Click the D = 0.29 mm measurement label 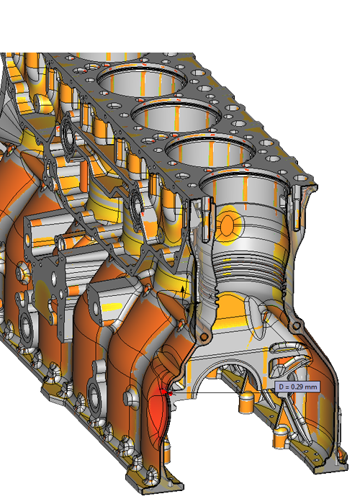pos(297,387)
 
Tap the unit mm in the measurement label pos(311,387)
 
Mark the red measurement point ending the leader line pos(171,393)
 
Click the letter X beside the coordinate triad pos(211,297)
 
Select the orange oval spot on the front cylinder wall pos(228,225)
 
